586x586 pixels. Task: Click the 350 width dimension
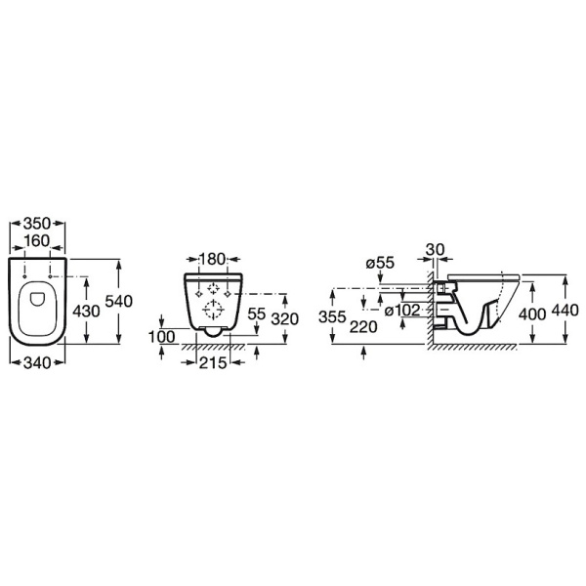(x=37, y=224)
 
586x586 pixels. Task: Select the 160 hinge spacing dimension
(x=37, y=240)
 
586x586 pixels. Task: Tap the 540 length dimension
(x=119, y=301)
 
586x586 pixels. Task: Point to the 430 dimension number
(x=86, y=311)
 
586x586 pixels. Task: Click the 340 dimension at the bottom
(x=37, y=362)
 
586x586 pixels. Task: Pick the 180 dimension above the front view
(x=213, y=259)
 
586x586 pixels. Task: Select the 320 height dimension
(x=285, y=319)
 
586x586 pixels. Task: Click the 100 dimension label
(x=162, y=337)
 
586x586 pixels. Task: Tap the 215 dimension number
(x=213, y=362)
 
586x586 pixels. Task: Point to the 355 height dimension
(x=332, y=316)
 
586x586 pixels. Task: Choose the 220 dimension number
(x=363, y=327)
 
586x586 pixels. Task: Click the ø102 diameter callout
(x=402, y=311)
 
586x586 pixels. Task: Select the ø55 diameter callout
(x=380, y=263)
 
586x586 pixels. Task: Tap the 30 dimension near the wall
(x=436, y=250)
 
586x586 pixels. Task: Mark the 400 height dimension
(x=532, y=314)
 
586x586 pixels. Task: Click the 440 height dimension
(x=565, y=311)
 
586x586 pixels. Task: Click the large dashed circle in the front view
(x=213, y=310)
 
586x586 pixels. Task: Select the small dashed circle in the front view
(x=213, y=288)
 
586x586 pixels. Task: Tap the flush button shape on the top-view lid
(x=37, y=299)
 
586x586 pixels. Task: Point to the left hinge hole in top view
(x=24, y=276)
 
